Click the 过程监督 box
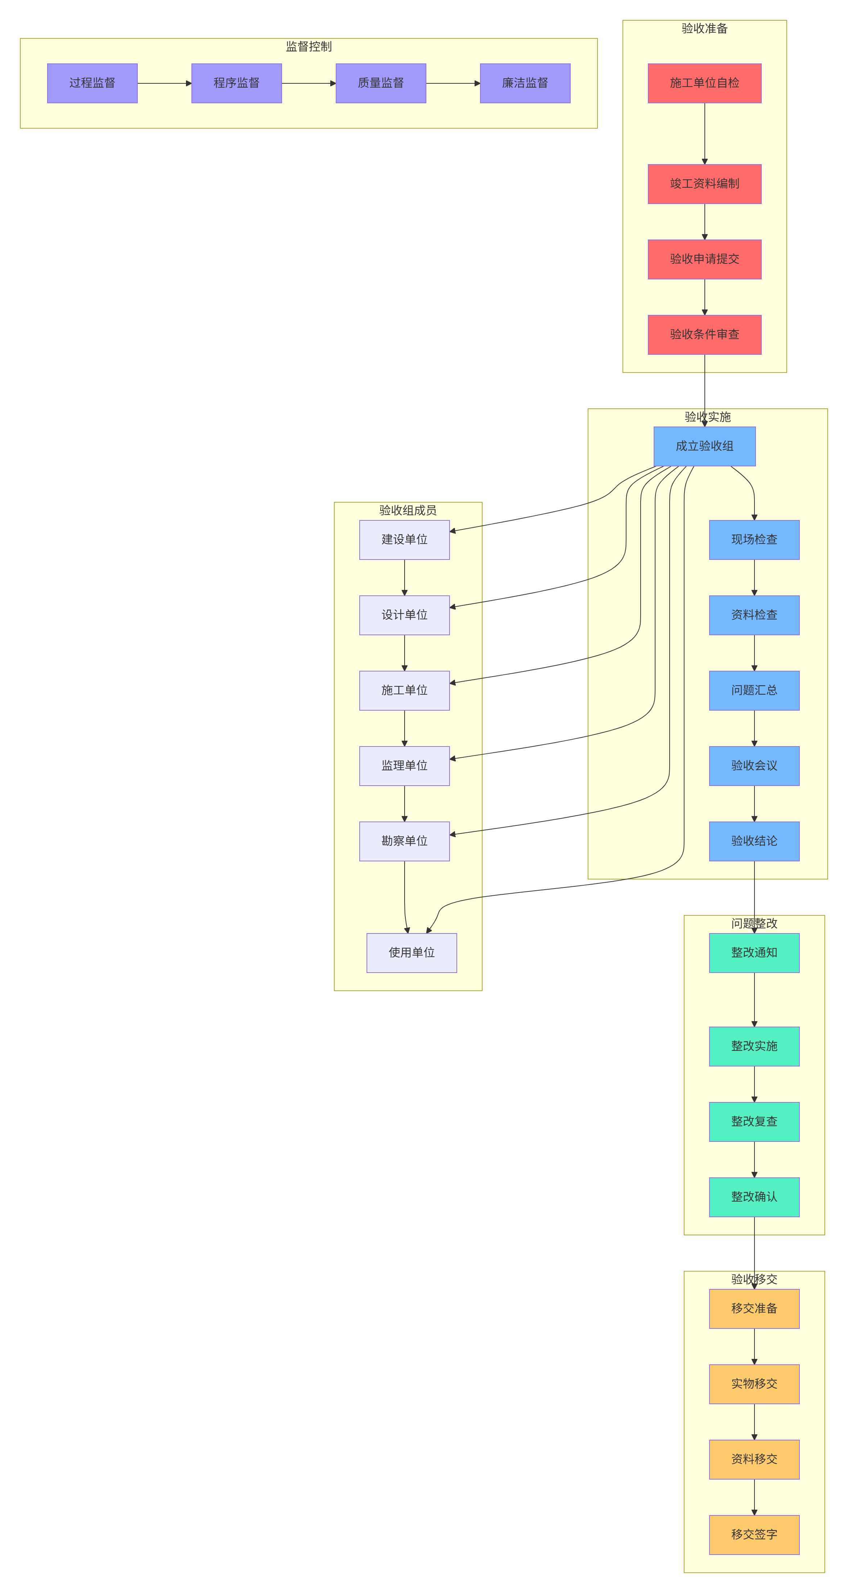point(92,83)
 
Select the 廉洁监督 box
point(525,83)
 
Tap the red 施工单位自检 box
point(704,83)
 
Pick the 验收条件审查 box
point(704,334)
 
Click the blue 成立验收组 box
point(704,446)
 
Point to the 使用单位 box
point(412,953)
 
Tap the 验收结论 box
point(754,841)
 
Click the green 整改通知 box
point(754,953)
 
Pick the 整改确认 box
point(754,1197)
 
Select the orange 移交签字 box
point(754,1535)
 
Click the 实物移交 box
point(754,1384)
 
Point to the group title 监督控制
point(309,46)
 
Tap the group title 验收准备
point(704,28)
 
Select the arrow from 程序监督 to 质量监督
point(309,83)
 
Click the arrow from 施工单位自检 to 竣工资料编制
point(704,134)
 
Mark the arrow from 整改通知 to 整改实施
point(754,1000)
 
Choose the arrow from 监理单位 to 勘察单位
point(405,804)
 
